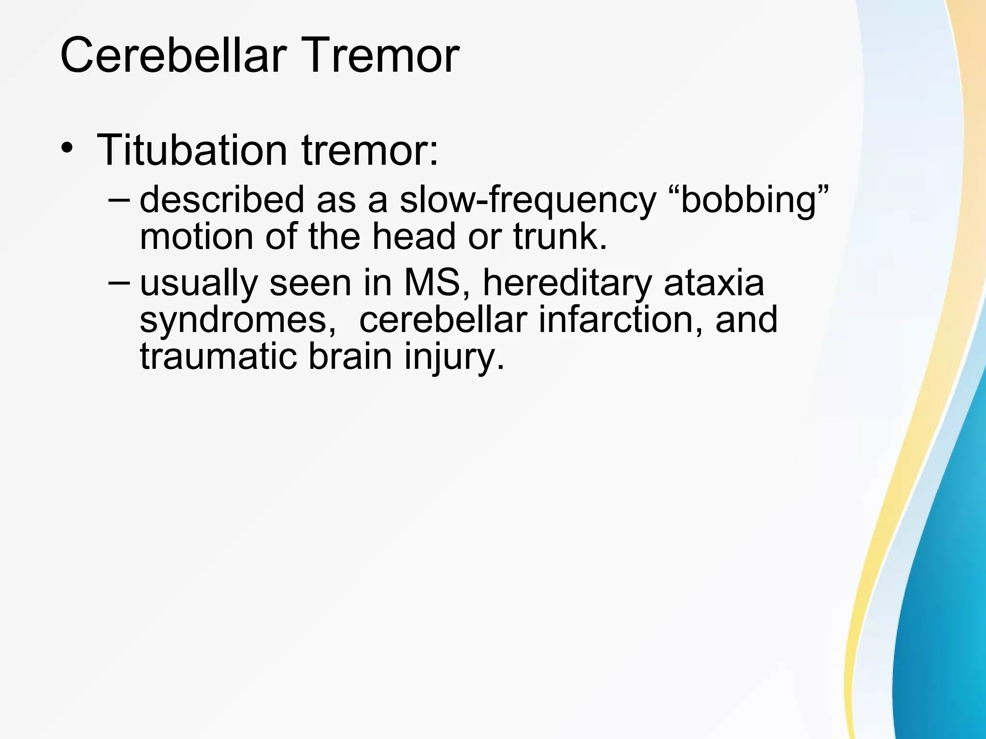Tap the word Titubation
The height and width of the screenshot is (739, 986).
[192, 150]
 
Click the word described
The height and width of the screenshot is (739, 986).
[222, 200]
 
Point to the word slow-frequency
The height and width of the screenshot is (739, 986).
[528, 200]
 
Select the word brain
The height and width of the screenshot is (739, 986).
[350, 357]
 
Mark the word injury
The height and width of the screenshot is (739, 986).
[454, 357]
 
